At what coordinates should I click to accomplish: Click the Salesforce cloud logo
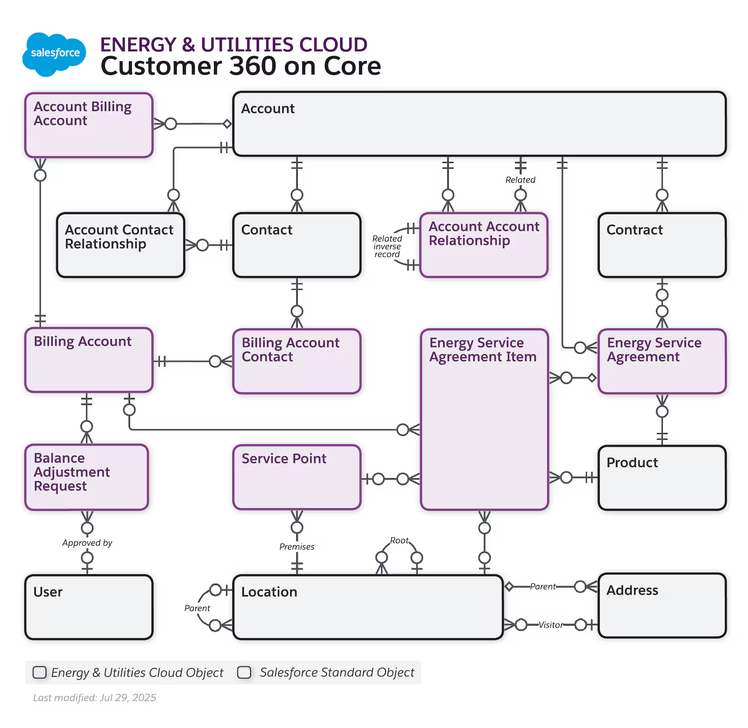(x=54, y=53)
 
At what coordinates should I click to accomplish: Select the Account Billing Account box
(x=89, y=125)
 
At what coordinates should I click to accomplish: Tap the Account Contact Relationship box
(x=120, y=245)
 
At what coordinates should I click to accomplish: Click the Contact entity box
(x=296, y=245)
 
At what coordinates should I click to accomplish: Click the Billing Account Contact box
(x=296, y=361)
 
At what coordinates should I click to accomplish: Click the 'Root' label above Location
(x=399, y=540)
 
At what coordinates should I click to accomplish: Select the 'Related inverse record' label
(x=387, y=246)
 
